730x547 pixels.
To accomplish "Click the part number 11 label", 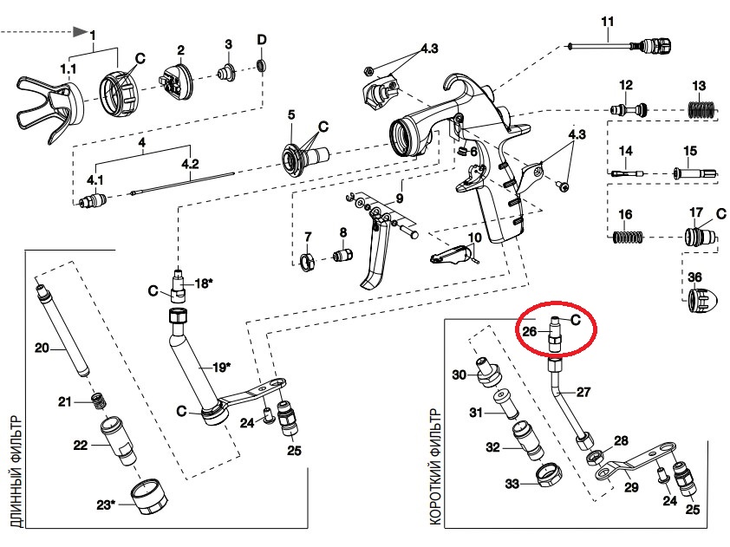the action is click(x=608, y=22).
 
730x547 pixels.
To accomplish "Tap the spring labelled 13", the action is click(x=702, y=110).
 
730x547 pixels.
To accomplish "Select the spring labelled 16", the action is click(x=628, y=237).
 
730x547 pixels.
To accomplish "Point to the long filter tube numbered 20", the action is click(x=63, y=328).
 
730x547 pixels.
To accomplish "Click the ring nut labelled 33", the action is click(x=548, y=475).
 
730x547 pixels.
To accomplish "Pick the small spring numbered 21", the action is click(x=98, y=400).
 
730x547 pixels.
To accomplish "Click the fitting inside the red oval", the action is click(x=555, y=335).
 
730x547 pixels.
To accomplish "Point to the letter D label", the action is click(x=262, y=40).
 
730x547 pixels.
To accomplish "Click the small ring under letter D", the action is click(x=262, y=65).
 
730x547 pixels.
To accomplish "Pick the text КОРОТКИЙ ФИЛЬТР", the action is click(x=435, y=467).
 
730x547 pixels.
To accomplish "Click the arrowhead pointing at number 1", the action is click(x=80, y=32).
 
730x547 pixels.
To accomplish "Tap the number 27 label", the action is click(x=583, y=392).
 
